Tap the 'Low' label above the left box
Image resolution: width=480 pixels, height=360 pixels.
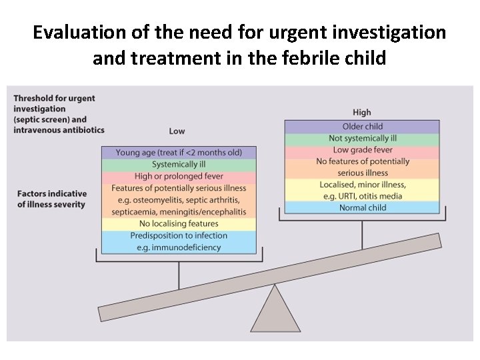[177, 131]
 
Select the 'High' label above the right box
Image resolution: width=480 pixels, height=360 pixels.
[361, 112]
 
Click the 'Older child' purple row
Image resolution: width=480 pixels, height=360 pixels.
[362, 127]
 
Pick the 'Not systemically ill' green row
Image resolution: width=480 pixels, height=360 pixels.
[362, 139]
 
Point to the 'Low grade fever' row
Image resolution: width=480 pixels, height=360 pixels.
[362, 150]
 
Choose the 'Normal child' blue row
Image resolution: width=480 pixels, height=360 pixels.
[362, 207]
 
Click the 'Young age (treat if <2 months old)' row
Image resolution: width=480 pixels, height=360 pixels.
[179, 153]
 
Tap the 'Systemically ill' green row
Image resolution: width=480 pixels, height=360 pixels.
[179, 165]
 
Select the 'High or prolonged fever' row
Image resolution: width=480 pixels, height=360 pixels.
[179, 177]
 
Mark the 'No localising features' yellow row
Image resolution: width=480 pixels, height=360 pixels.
[179, 224]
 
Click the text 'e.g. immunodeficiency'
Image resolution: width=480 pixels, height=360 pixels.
[179, 247]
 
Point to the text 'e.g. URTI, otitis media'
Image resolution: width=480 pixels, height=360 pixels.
[362, 196]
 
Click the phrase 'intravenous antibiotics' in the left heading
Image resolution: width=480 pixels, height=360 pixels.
[59, 129]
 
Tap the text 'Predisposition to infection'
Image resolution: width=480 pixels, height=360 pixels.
[179, 235]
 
